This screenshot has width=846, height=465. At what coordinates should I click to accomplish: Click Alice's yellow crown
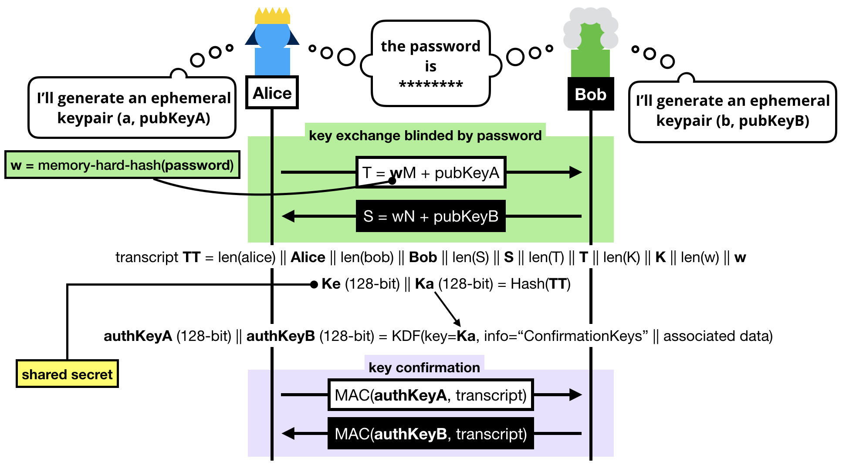click(x=272, y=17)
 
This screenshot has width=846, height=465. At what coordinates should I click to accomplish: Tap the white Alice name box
click(x=272, y=93)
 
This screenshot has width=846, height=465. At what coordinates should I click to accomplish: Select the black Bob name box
click(x=590, y=94)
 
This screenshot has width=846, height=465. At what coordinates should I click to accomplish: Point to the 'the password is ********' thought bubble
click(x=430, y=64)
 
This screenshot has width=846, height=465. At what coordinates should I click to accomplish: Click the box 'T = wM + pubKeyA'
click(x=430, y=173)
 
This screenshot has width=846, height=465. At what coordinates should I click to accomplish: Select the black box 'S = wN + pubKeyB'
click(x=430, y=216)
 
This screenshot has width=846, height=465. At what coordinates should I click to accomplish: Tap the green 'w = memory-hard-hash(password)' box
click(x=122, y=165)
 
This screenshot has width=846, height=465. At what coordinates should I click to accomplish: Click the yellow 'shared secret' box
click(x=67, y=374)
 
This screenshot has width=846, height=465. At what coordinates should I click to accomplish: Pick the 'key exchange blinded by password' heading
click(x=425, y=135)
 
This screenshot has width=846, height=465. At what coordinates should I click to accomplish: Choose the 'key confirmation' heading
click(x=424, y=367)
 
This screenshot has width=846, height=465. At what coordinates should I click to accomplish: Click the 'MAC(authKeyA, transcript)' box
click(x=430, y=395)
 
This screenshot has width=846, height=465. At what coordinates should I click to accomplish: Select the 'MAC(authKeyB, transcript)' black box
click(x=430, y=434)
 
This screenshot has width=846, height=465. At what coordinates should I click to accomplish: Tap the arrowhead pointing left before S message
click(x=288, y=216)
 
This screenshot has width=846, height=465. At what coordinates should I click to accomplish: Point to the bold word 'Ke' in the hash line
click(x=331, y=284)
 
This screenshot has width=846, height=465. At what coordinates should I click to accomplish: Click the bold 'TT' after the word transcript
click(x=191, y=257)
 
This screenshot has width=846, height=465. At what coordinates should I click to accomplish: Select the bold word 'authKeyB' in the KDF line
click(x=281, y=336)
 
